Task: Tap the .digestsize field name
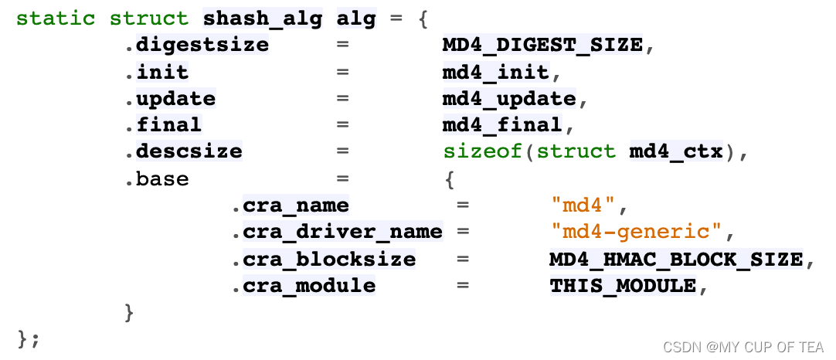(x=197, y=45)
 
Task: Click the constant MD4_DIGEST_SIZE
(x=542, y=45)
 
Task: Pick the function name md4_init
(x=494, y=72)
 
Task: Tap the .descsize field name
(x=184, y=151)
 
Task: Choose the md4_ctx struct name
(x=676, y=151)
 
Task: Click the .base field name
(x=157, y=178)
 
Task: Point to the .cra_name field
(x=291, y=205)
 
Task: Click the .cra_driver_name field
(x=338, y=232)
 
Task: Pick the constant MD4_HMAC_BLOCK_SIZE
(x=676, y=259)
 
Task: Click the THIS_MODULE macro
(x=623, y=286)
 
